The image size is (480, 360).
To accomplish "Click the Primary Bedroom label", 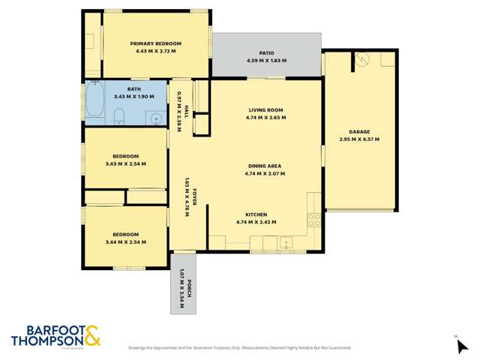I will [156, 43].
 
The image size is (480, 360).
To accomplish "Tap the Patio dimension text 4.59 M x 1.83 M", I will [266, 61].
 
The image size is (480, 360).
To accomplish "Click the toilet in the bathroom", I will [120, 115].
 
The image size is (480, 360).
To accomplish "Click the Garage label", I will [359, 131].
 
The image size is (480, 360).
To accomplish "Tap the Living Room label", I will [265, 109].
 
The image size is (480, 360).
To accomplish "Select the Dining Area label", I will [265, 166].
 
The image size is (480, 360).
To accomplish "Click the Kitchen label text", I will [256, 214].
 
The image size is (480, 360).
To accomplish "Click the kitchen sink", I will [285, 242].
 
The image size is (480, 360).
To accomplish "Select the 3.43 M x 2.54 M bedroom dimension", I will [125, 163].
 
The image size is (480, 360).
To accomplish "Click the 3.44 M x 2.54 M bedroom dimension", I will [125, 242].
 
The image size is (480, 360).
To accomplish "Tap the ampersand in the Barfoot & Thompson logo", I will [92, 334].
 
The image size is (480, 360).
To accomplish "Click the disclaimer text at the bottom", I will [239, 348].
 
